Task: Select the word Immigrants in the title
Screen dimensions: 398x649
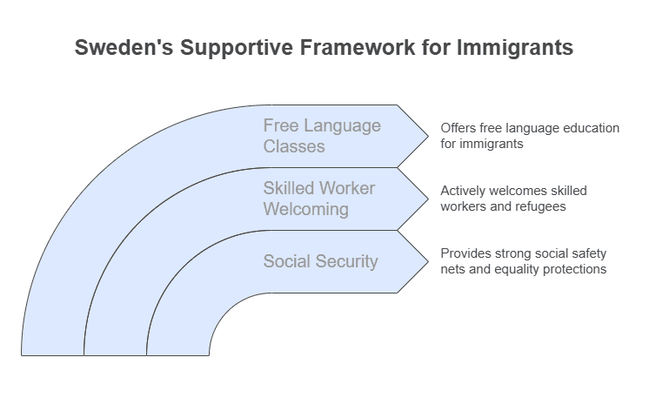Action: [515, 48]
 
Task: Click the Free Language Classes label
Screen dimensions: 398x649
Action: [322, 136]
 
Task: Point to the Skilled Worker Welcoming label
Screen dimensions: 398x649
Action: [318, 199]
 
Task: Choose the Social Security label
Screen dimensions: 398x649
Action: [320, 261]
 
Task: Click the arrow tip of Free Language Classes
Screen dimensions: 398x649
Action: [425, 136]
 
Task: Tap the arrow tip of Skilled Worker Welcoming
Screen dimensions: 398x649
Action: [425, 199]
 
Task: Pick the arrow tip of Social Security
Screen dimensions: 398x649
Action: [425, 261]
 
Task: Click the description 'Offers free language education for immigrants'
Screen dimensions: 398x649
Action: [529, 136]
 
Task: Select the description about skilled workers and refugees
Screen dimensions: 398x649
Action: [513, 199]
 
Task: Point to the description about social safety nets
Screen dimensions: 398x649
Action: [523, 261]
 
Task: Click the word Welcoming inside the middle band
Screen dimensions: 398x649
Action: [306, 209]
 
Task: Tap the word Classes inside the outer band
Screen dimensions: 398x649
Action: [294, 146]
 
